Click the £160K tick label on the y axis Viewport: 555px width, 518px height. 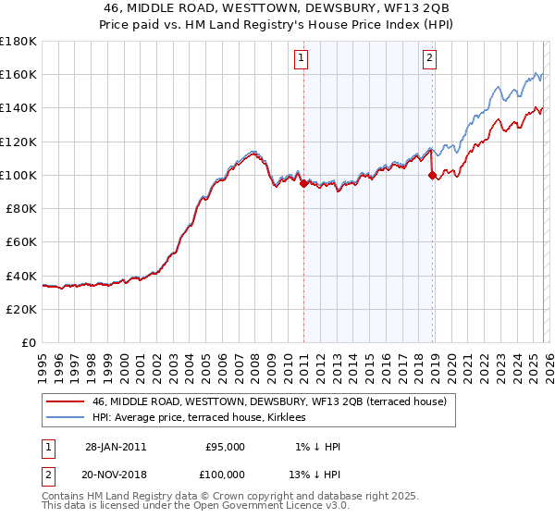pos(18,74)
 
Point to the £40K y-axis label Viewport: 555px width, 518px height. pos(21,276)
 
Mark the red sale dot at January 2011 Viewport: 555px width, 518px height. pos(303,183)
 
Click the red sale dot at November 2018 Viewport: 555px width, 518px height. pos(432,175)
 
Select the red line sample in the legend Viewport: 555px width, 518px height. pos(65,401)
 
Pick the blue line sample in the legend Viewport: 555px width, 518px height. pos(65,418)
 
